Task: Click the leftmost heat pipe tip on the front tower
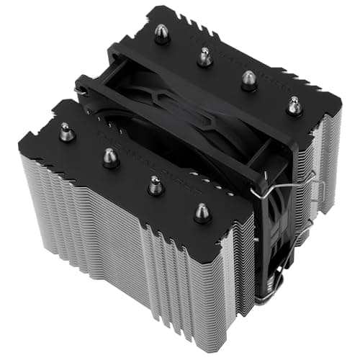(66, 132)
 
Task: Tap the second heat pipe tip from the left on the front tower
(109, 156)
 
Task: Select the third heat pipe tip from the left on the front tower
(154, 184)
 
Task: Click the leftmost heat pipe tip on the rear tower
(162, 34)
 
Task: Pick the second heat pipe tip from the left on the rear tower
(205, 56)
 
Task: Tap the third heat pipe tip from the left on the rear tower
(249, 79)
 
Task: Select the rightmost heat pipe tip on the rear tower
(294, 105)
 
